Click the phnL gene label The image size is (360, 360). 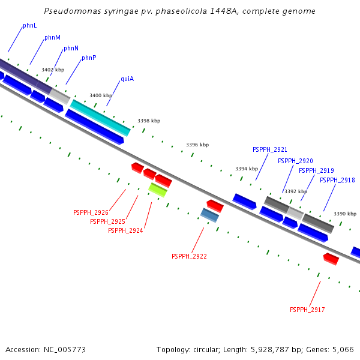coord(29,26)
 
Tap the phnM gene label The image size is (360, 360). coord(52,38)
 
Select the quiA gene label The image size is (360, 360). coord(127,79)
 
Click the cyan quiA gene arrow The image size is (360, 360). coord(100,118)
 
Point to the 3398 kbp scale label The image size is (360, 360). coord(149,121)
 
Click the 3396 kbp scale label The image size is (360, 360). coord(197,145)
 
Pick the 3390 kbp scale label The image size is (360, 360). coord(345,214)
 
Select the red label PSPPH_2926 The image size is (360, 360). coord(91,212)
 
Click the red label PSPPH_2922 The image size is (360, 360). coord(189,256)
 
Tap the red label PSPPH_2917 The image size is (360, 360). coord(307,310)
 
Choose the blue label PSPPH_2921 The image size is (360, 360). coord(270,150)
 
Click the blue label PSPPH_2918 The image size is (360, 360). coord(337,180)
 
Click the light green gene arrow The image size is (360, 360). coord(158,190)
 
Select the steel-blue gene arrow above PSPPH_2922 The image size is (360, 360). coord(209,215)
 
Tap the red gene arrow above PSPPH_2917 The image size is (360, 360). coord(331,259)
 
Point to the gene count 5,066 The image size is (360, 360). coord(342,349)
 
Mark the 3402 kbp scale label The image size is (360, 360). coord(53,70)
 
